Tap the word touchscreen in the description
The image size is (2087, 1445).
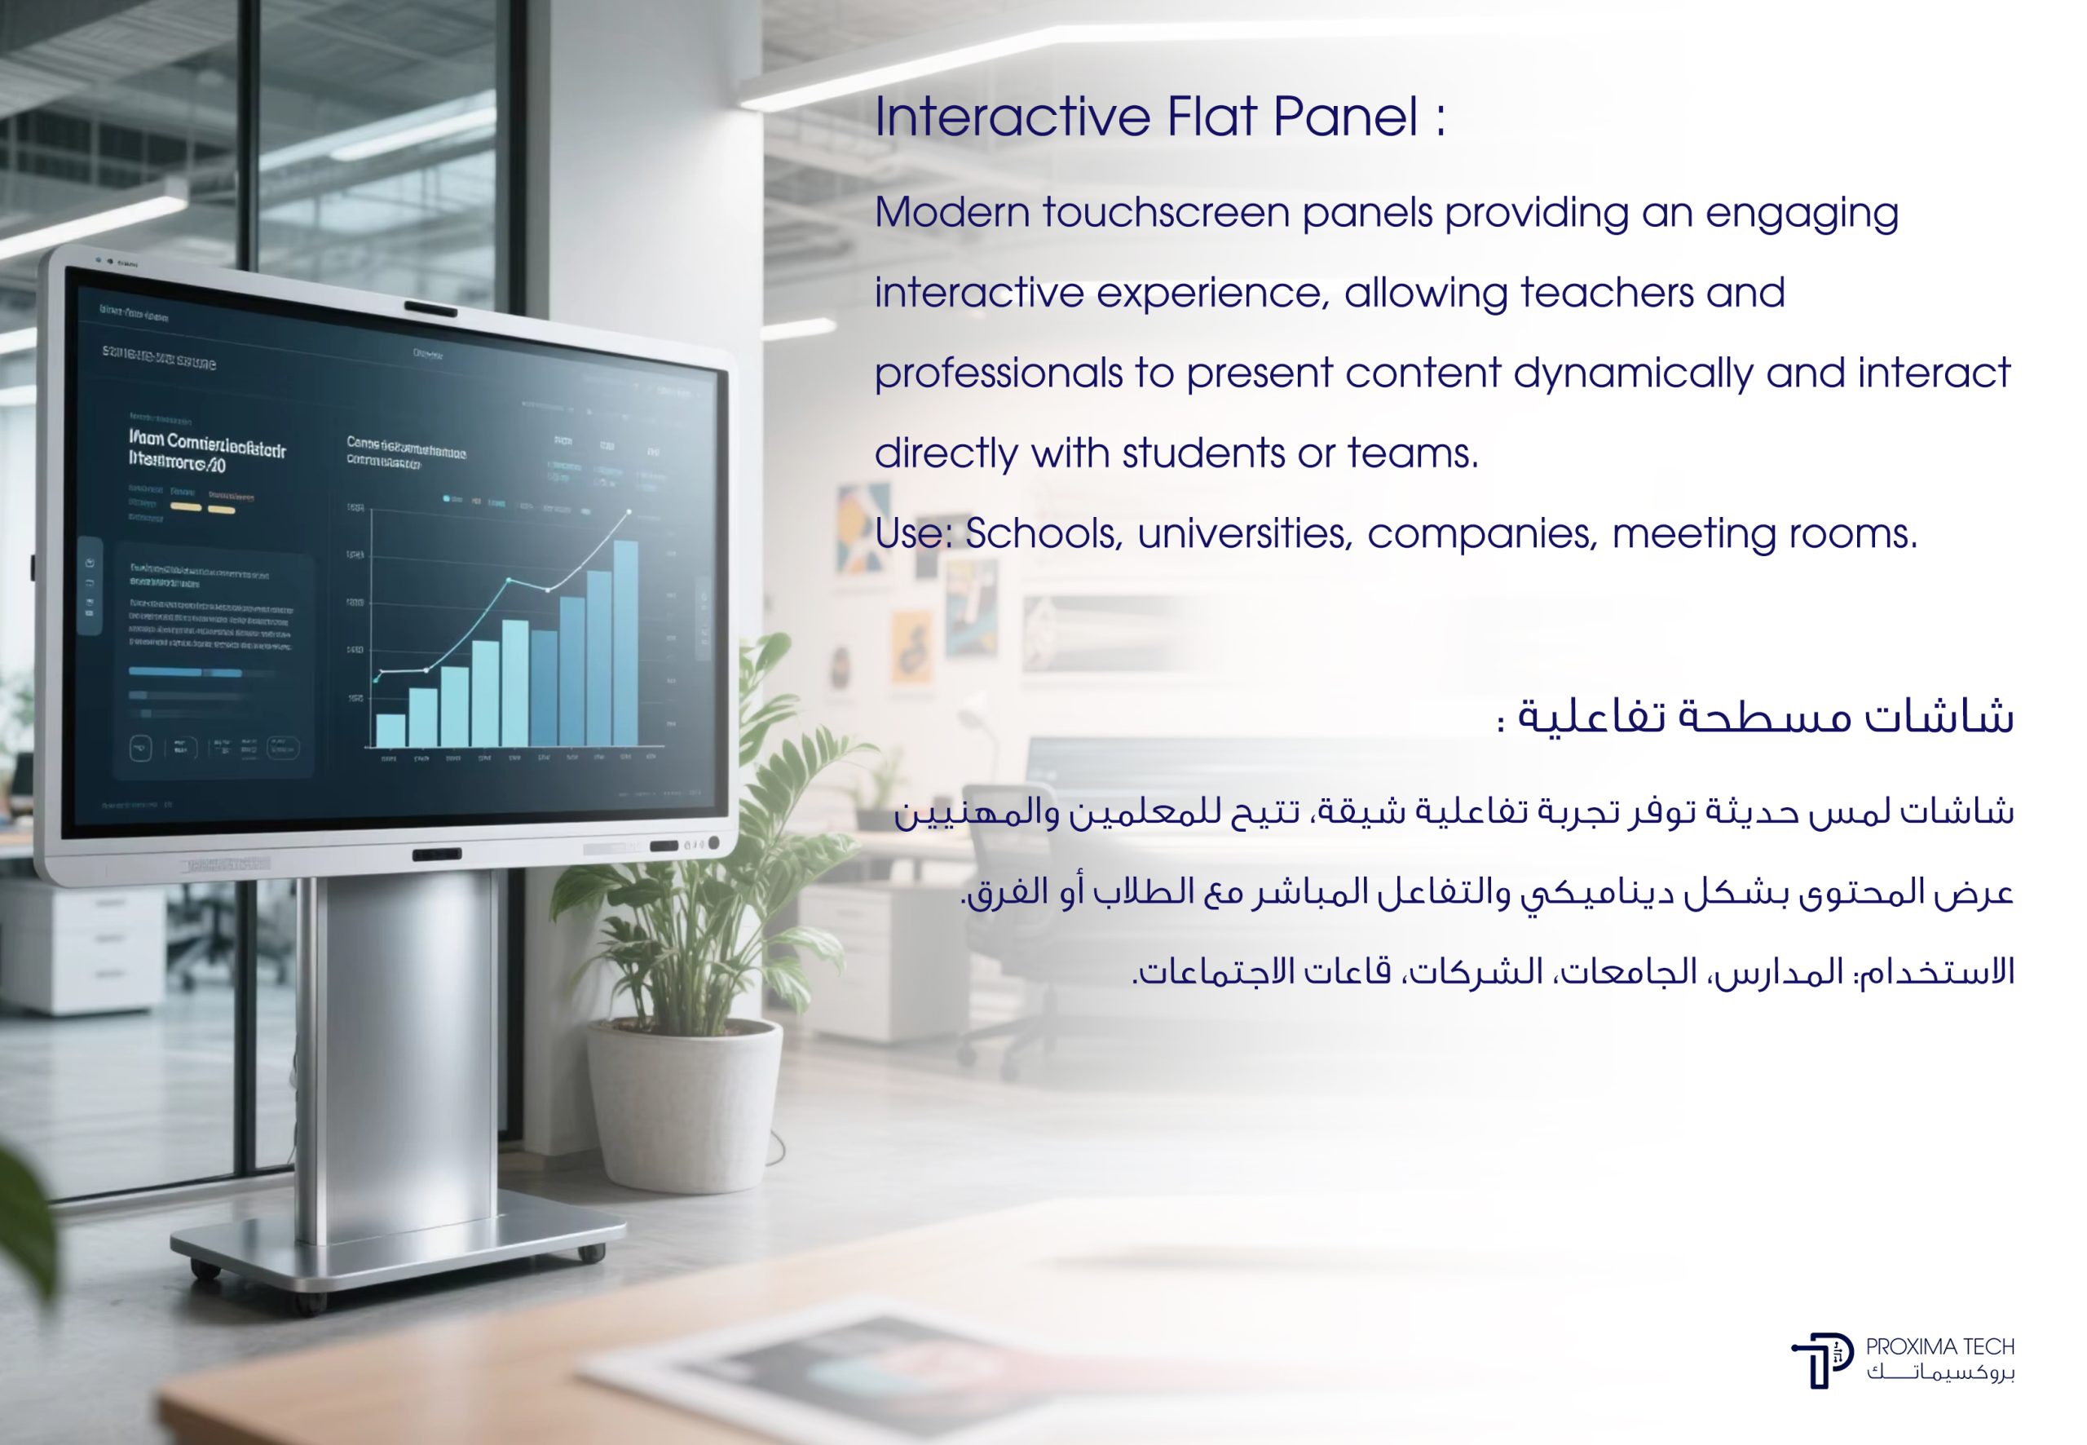(1166, 214)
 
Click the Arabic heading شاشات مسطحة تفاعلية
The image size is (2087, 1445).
(1765, 717)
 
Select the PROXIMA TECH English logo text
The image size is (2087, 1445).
(1939, 1347)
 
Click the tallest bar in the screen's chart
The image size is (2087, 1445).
(625, 643)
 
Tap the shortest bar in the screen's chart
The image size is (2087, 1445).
(390, 730)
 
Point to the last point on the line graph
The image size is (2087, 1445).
(630, 511)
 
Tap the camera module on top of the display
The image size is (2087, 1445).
(430, 310)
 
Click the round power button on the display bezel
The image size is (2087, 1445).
(714, 843)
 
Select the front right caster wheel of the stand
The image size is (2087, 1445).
(590, 1253)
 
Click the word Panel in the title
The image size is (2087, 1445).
(1346, 117)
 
